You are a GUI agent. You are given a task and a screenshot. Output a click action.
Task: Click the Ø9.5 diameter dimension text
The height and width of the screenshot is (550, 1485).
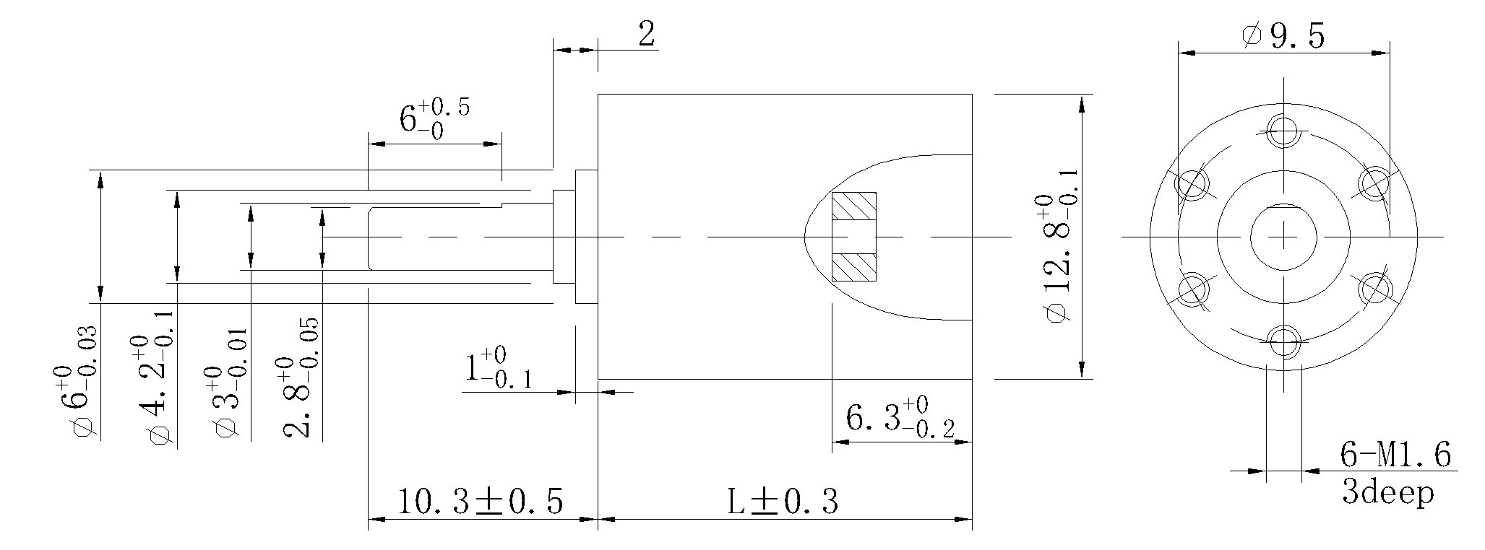pos(1283,36)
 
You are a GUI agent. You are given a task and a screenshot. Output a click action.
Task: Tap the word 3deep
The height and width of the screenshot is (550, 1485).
pos(1387,494)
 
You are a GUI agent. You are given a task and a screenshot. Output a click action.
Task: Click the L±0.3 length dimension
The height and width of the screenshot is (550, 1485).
pos(783,502)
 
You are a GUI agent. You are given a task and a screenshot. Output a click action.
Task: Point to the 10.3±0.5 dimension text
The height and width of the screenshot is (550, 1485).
pos(480,502)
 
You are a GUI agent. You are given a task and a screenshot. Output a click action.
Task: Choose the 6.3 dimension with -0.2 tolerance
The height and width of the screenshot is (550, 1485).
pos(899,419)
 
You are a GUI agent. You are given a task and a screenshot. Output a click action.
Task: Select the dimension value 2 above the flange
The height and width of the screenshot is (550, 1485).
pos(647,34)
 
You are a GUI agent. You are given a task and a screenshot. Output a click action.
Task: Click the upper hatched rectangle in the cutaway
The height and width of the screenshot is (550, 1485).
pos(853,206)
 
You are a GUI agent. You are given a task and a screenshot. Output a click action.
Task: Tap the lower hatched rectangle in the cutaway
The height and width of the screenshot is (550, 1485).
pos(853,267)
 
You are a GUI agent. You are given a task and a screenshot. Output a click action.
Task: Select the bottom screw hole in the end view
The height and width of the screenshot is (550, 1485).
pos(1283,340)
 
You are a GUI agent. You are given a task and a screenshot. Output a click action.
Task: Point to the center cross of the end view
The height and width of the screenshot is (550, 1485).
pos(1283,237)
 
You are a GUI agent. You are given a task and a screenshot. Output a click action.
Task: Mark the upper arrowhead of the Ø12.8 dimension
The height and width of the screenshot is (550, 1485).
pos(1082,105)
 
